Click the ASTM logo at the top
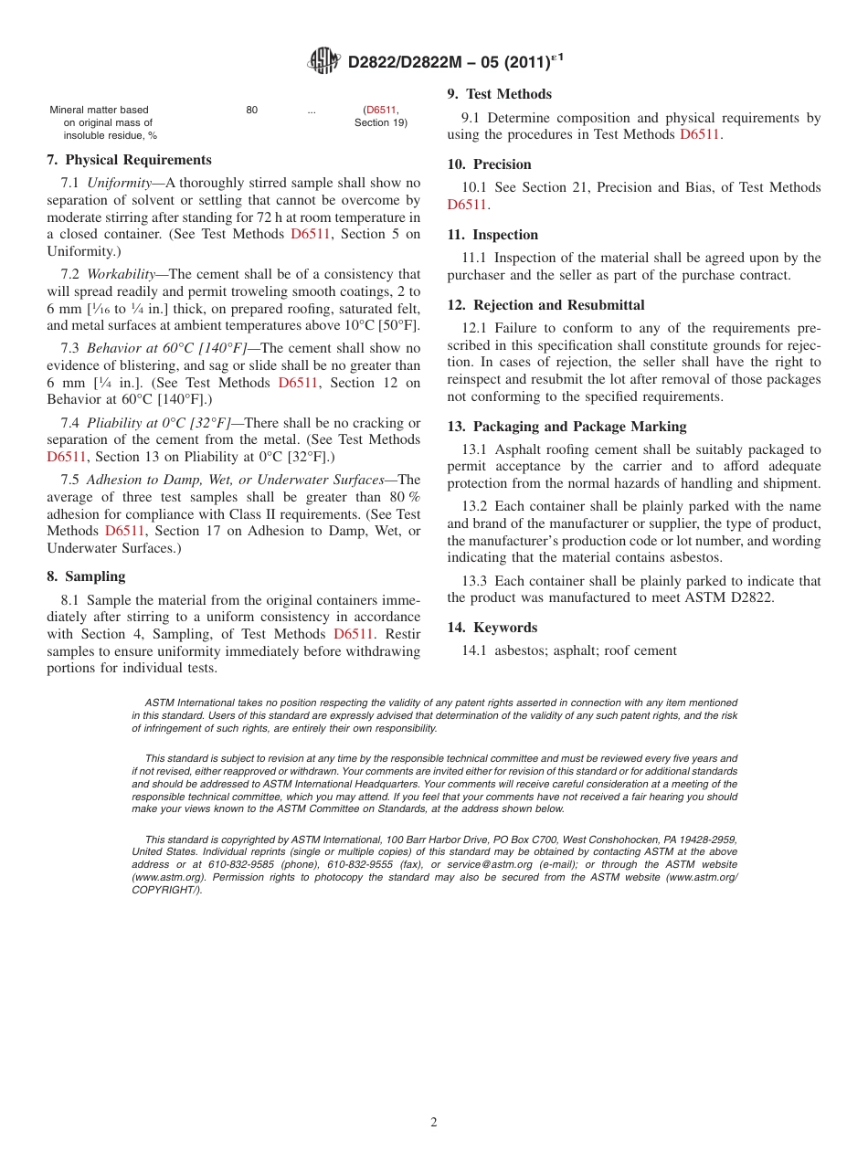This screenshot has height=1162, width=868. (x=323, y=61)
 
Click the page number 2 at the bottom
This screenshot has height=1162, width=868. (x=434, y=1123)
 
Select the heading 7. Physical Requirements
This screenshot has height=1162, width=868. (x=129, y=160)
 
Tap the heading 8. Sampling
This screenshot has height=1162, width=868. (x=86, y=576)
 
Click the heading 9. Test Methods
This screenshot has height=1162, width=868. (x=499, y=94)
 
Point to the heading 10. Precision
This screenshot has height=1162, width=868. (x=489, y=164)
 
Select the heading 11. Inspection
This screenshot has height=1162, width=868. (x=492, y=235)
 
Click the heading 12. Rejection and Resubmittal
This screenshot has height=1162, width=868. (x=545, y=305)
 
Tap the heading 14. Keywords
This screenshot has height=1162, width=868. (x=492, y=628)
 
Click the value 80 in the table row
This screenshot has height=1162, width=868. (x=252, y=110)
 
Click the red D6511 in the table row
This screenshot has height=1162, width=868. (x=381, y=110)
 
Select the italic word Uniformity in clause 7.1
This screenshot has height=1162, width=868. (x=119, y=184)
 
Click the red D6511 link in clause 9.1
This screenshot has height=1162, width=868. (x=699, y=134)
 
